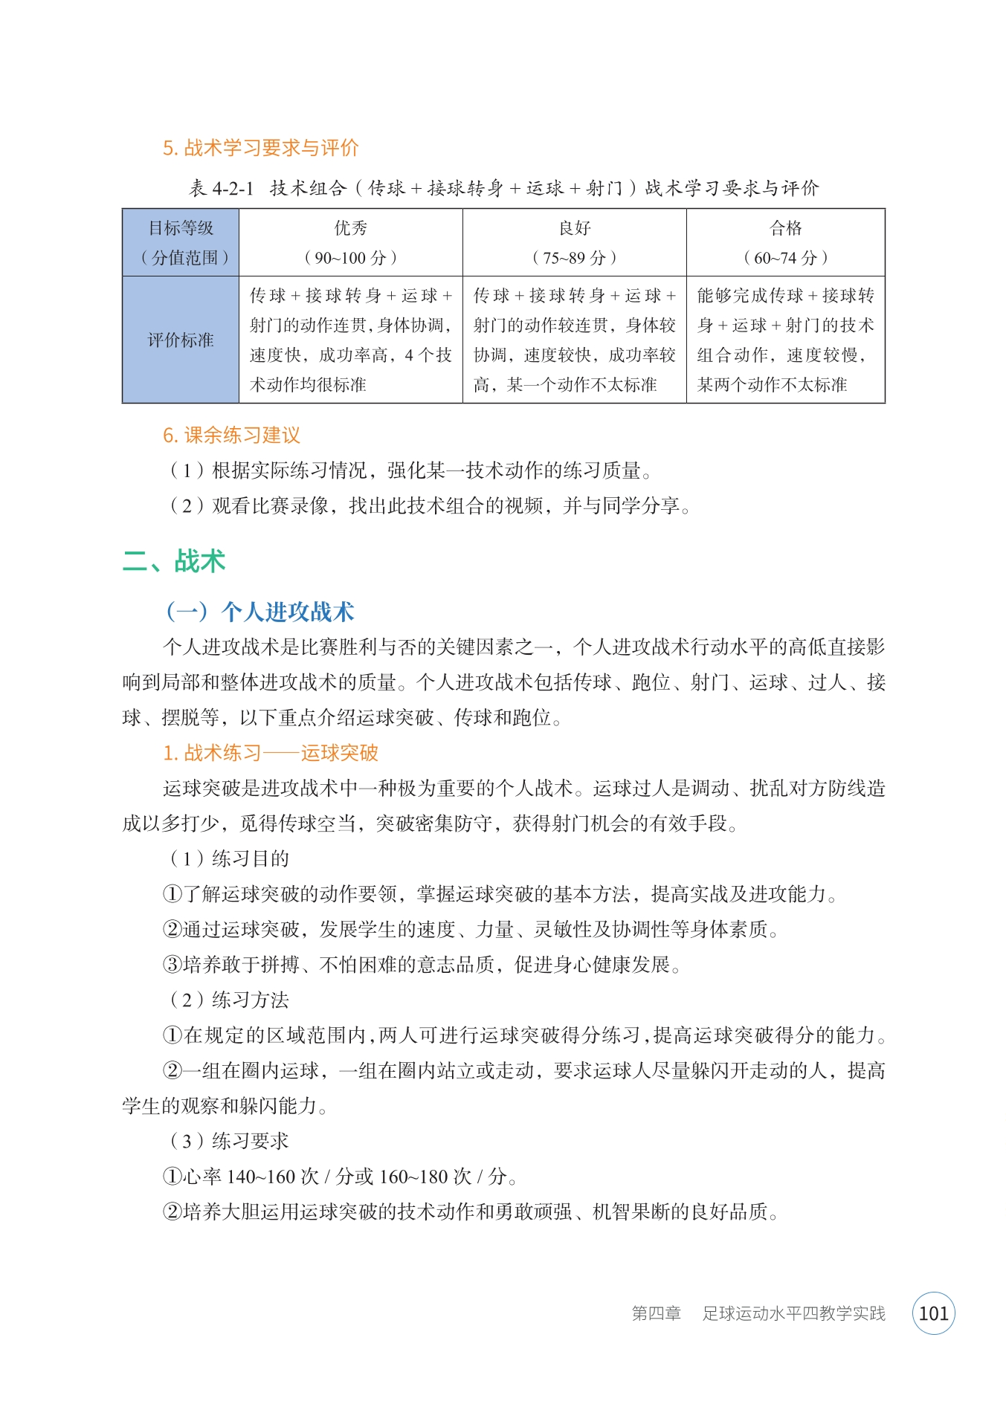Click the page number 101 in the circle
point(933,1313)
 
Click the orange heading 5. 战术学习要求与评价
point(260,148)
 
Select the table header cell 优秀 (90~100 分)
point(350,242)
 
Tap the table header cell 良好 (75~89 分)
point(574,242)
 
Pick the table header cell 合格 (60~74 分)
point(785,242)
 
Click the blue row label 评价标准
point(180,340)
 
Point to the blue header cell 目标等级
point(180,229)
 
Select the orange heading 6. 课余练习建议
point(231,436)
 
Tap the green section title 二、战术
point(174,561)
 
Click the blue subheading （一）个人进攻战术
point(259,612)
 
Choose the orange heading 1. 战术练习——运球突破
point(271,753)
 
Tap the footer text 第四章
point(656,1313)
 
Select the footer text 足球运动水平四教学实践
point(793,1313)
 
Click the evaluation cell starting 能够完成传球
point(785,340)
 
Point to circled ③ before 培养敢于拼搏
point(172,965)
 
